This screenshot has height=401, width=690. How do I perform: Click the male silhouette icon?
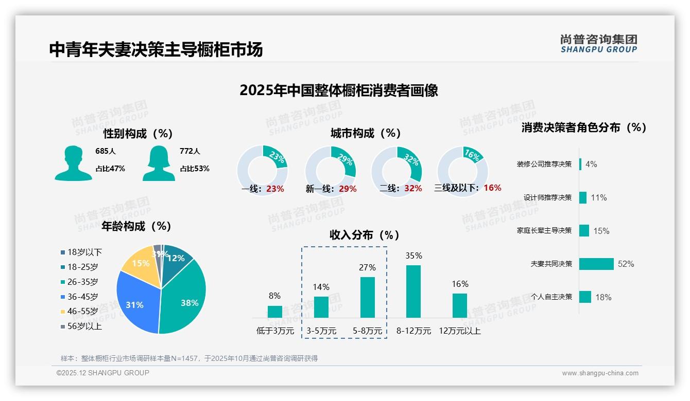point(73,163)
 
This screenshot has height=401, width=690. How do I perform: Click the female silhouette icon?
point(159,163)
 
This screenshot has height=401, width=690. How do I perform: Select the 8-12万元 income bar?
point(413,291)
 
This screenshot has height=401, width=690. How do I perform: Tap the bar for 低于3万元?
point(275,312)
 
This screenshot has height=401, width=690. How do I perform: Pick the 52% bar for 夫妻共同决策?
point(596,264)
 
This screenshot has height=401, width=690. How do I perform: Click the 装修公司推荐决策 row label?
point(544,165)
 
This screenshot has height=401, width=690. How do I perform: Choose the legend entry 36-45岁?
point(82,297)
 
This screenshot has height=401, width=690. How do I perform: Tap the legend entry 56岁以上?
point(84,326)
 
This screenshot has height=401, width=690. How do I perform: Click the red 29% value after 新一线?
point(348,189)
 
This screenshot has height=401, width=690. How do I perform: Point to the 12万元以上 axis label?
point(460,331)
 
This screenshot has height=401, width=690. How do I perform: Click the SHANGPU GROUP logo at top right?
point(599,44)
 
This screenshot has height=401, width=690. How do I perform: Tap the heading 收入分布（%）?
point(365,235)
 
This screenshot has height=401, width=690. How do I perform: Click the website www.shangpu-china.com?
point(600,373)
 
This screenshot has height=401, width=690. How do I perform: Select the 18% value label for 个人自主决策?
point(603,297)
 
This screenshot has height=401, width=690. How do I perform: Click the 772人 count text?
point(189,151)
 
